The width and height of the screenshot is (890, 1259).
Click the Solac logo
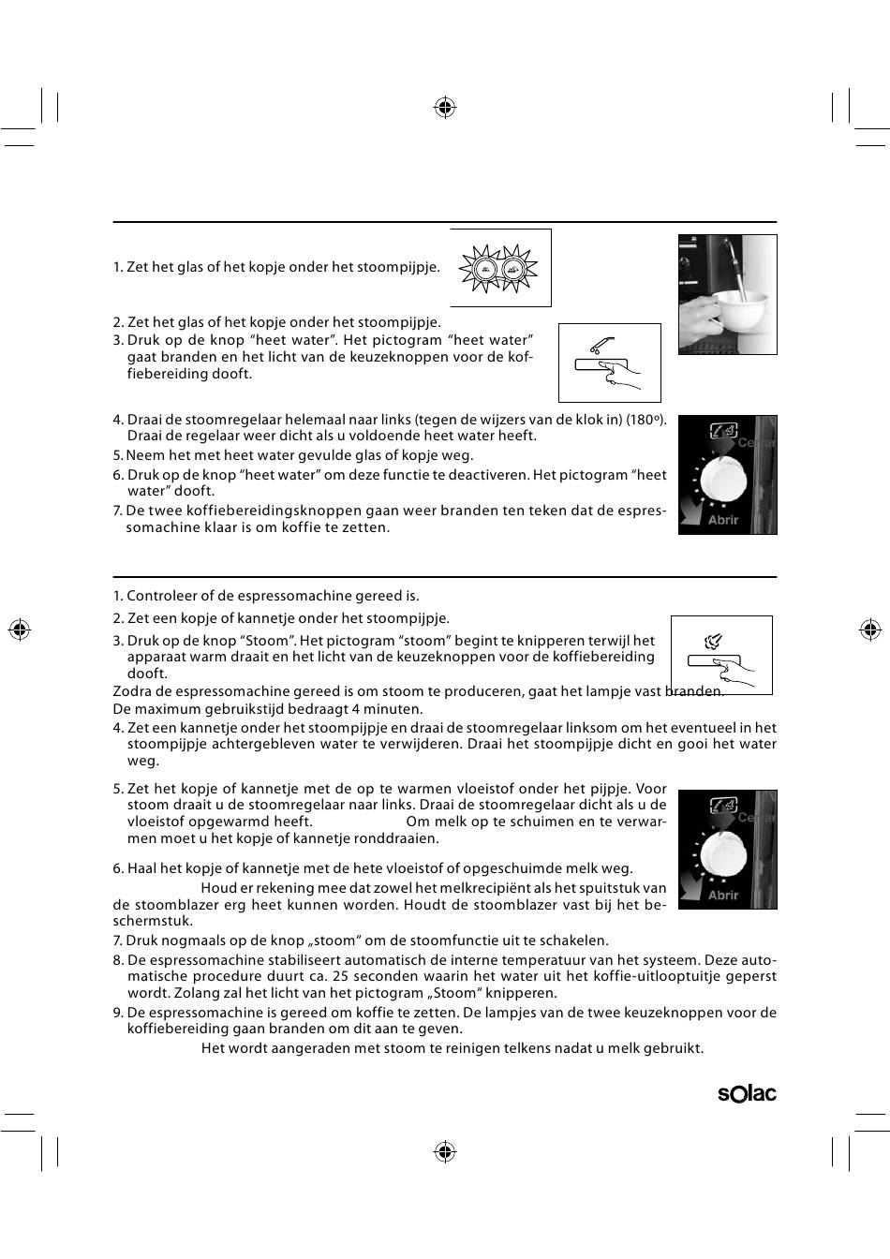pyautogui.click(x=747, y=1093)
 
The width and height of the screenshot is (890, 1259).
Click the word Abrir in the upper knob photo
pyautogui.click(x=723, y=520)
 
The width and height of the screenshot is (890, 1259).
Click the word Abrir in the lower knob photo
pyautogui.click(x=723, y=895)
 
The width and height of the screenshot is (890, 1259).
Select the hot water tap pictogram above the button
pyautogui.click(x=601, y=345)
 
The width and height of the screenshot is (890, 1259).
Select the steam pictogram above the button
pyautogui.click(x=713, y=641)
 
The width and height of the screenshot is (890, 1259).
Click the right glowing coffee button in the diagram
pyautogui.click(x=512, y=269)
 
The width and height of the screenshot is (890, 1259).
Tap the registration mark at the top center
pyautogui.click(x=445, y=108)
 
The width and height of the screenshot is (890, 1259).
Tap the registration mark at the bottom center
pyautogui.click(x=445, y=1151)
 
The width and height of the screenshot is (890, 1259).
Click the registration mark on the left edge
pyautogui.click(x=20, y=629)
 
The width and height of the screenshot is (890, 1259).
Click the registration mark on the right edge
pyautogui.click(x=870, y=629)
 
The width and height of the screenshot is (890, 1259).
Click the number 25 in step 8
pyautogui.click(x=341, y=976)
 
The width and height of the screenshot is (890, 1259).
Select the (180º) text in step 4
pyautogui.click(x=646, y=420)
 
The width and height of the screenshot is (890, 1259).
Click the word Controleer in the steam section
pyautogui.click(x=162, y=596)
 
